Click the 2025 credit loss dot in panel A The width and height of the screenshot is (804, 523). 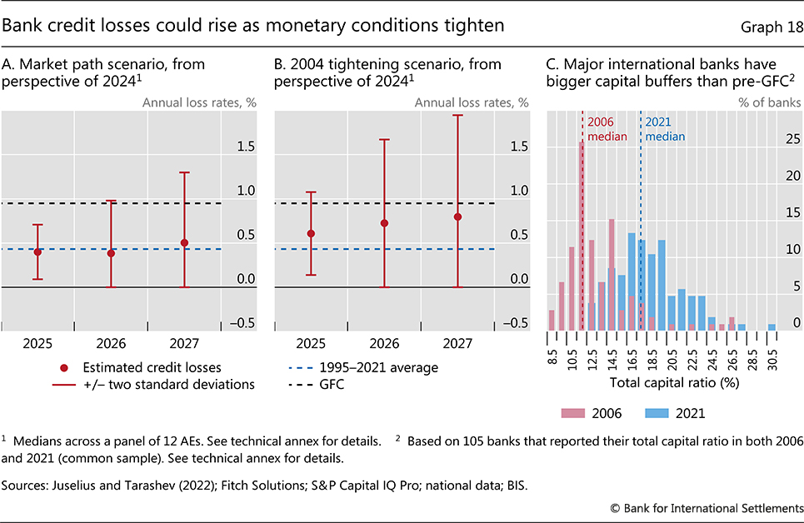pyautogui.click(x=37, y=252)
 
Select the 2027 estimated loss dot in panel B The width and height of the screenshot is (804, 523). pyautogui.click(x=457, y=217)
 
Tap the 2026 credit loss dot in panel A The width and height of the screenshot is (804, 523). pyautogui.click(x=111, y=253)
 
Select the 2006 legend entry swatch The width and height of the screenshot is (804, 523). pyautogui.click(x=574, y=412)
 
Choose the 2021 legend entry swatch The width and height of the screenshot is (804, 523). pyautogui.click(x=657, y=412)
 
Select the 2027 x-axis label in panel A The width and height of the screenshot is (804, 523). pyautogui.click(x=184, y=343)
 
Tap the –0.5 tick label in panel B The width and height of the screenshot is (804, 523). pyautogui.click(x=517, y=323)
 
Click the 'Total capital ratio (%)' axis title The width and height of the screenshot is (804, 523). pyautogui.click(x=662, y=383)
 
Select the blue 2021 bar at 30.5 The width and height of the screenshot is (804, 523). pyautogui.click(x=772, y=326)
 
